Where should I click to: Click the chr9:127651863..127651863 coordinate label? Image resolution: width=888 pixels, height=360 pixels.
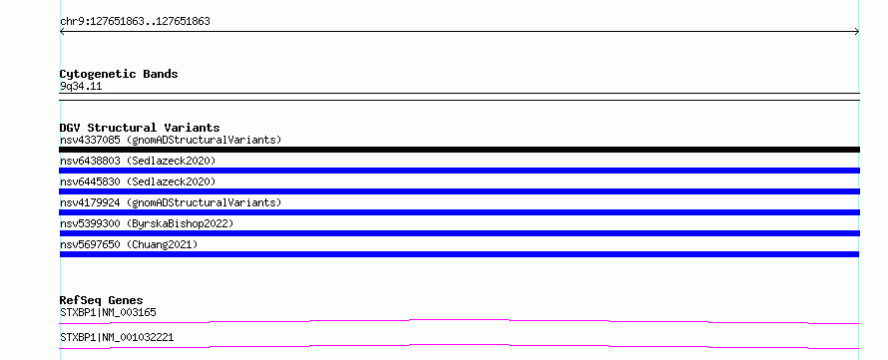(135, 22)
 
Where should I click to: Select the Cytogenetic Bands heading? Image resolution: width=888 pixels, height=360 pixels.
(119, 74)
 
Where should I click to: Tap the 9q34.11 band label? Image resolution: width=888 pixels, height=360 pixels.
(81, 87)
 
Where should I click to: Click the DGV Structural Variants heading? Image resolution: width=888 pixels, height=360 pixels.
(140, 128)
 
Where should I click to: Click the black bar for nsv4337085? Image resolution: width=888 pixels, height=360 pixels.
(459, 150)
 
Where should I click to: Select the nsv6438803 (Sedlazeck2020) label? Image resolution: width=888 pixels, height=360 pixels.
(138, 161)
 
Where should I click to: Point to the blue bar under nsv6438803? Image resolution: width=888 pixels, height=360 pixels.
(459, 171)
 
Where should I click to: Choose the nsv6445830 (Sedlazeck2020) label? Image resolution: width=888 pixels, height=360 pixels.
(138, 181)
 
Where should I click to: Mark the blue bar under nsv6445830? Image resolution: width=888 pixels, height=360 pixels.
(459, 191)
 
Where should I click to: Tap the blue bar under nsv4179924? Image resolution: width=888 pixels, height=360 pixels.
(459, 212)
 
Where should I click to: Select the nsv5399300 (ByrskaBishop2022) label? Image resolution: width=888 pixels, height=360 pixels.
(147, 223)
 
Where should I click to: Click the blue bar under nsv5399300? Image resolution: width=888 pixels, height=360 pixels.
(459, 233)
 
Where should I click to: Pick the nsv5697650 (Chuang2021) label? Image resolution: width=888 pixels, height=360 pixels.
(129, 244)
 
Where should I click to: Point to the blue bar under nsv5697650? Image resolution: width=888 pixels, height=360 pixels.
(459, 254)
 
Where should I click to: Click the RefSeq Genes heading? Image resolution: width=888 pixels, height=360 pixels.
(101, 300)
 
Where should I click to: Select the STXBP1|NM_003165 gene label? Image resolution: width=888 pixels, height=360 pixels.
(108, 312)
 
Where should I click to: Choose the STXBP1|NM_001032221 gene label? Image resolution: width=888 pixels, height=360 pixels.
(117, 337)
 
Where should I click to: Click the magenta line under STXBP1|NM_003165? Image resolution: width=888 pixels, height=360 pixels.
(459, 320)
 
